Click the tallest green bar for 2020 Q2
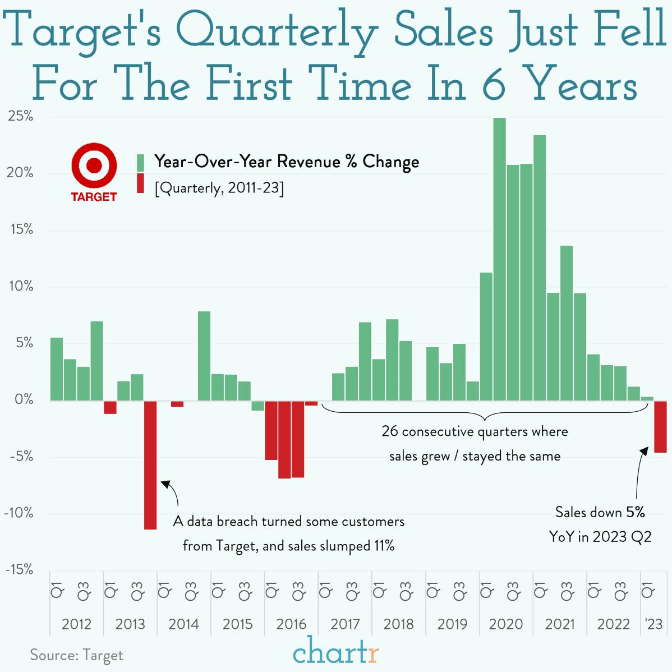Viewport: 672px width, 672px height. coord(499,258)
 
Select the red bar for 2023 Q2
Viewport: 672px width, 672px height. coord(660,426)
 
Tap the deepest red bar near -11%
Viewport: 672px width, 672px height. coord(150,466)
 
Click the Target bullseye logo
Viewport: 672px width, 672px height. coord(94,166)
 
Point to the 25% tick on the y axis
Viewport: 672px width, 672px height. coord(20,117)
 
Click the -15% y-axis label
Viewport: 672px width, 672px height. coord(19,570)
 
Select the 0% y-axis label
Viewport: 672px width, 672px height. coord(24,400)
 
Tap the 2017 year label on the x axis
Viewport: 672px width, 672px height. coord(345,624)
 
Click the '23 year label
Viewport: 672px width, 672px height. coord(653,624)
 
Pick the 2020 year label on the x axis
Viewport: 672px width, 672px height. coord(505,624)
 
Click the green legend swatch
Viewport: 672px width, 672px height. coord(141,163)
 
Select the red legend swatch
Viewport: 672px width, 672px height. coord(141,183)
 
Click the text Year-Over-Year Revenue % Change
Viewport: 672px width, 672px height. coord(286,162)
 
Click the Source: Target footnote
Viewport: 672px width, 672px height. coord(76,655)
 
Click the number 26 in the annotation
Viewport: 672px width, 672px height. coord(389,431)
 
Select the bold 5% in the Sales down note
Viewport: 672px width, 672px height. coord(635,512)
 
